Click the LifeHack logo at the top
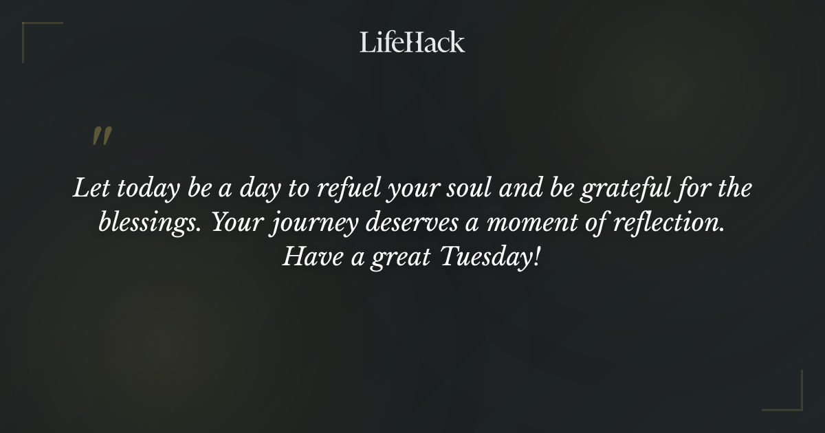click(412, 43)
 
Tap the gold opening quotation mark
click(102, 137)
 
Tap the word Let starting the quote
click(87, 189)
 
